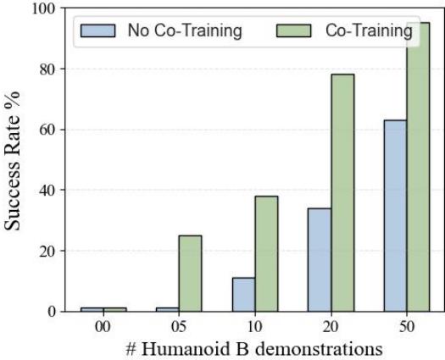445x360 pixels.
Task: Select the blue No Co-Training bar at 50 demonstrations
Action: [395, 216]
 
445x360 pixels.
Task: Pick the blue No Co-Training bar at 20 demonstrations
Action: [320, 259]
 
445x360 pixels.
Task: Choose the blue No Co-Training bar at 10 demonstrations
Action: [243, 294]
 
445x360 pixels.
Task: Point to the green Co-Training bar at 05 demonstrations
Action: [190, 273]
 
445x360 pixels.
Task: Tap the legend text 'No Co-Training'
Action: [184, 31]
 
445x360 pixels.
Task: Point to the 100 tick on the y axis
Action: [42, 8]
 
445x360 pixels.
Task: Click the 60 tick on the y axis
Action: [46, 130]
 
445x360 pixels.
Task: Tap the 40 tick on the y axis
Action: [46, 191]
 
